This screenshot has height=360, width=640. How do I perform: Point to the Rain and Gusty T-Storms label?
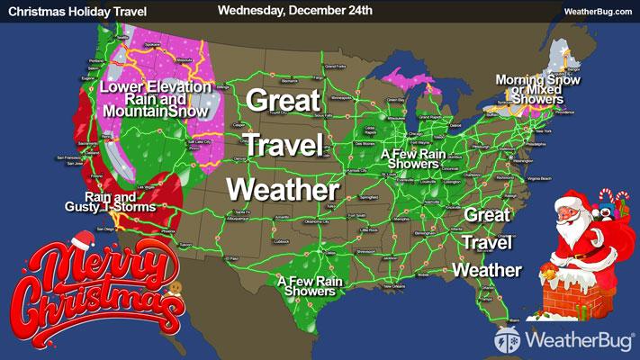click(x=120, y=202)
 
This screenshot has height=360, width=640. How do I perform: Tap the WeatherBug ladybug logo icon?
click(x=506, y=340)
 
